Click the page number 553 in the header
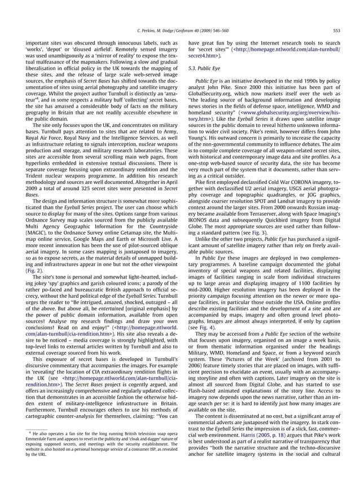coord(337,31)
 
